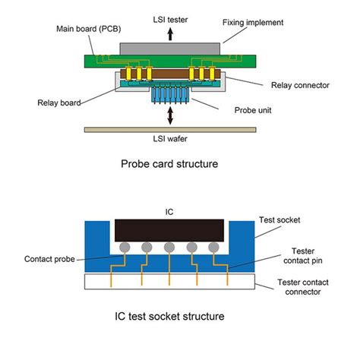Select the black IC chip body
coord(169,231)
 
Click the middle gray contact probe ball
coord(169,248)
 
